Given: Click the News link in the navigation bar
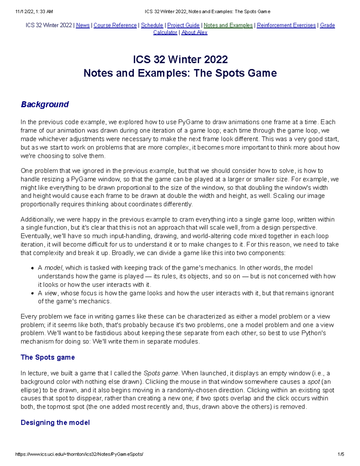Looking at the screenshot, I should (x=83, y=25).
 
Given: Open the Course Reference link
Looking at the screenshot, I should (x=115, y=25).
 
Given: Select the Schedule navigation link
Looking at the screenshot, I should (x=152, y=25).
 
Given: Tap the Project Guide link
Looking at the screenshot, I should (x=183, y=25).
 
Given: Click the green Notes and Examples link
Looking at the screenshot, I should (x=228, y=25).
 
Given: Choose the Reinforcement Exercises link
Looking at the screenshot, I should (x=286, y=25).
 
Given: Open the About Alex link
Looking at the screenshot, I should (x=194, y=32).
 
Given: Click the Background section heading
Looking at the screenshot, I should (x=45, y=104).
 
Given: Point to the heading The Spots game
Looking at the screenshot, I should (x=48, y=357).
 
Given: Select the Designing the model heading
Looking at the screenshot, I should (x=55, y=422).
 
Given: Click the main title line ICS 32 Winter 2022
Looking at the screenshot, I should (x=180, y=59).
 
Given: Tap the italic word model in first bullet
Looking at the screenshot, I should (x=53, y=268).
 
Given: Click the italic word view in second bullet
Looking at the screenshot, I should (x=51, y=293).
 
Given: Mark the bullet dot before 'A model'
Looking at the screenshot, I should (x=32, y=268).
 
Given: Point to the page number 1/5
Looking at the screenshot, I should (x=340, y=454).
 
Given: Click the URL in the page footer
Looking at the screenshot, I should (x=79, y=454).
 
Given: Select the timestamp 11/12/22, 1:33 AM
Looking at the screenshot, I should (x=34, y=12).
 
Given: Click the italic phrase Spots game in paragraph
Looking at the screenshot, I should (x=161, y=373).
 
